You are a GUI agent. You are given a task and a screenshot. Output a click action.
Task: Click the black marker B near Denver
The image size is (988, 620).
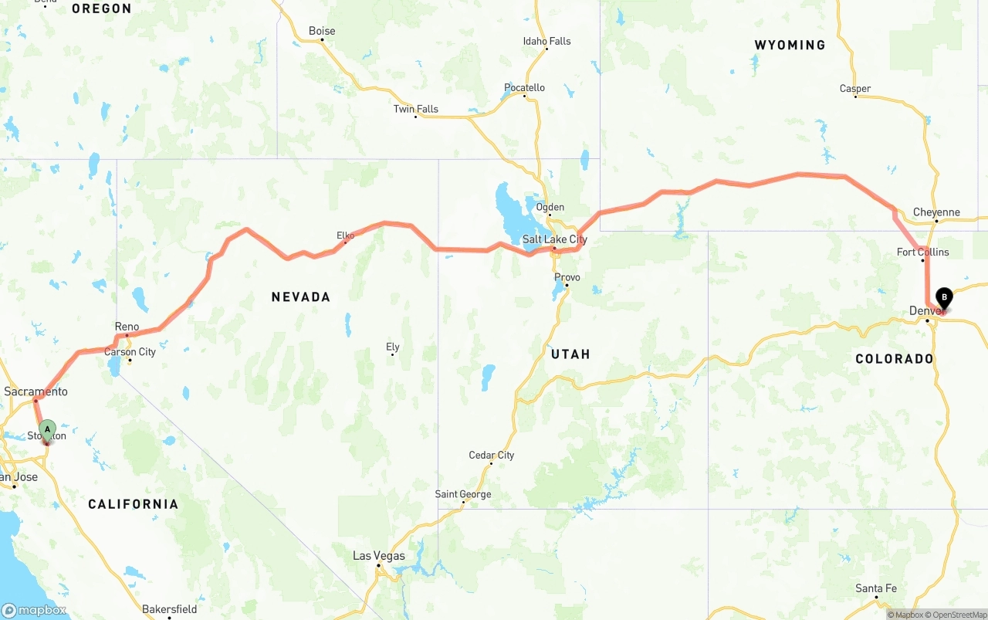coord(943,298)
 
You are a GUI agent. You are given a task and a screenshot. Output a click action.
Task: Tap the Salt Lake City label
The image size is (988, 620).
coord(554,239)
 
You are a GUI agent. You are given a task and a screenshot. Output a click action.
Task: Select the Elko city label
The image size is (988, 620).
coord(345,235)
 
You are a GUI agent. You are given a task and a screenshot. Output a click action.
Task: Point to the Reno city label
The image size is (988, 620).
coord(127,327)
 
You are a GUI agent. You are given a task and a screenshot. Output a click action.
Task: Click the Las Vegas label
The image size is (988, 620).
coord(378,556)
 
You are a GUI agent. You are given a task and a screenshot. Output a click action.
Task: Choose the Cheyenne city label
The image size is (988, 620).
coord(936,212)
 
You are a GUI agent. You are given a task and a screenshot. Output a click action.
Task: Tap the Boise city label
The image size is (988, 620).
coord(322,31)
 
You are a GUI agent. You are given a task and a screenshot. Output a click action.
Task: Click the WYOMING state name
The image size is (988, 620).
coord(790,45)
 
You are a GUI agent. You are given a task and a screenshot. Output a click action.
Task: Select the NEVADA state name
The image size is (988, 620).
coord(300,296)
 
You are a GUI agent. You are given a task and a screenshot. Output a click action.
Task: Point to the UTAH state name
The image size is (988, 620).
coord(570,354)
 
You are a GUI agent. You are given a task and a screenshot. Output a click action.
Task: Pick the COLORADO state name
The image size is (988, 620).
coord(895,358)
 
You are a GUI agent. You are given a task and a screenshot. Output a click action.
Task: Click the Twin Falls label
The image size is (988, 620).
coord(415,109)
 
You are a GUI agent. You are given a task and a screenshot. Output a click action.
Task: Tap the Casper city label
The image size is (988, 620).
coord(854,89)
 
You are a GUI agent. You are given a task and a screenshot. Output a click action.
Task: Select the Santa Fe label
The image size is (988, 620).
coord(876,588)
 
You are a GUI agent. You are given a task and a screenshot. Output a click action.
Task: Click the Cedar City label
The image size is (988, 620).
coord(491,455)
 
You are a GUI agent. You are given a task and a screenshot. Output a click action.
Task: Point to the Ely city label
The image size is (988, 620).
coord(393,347)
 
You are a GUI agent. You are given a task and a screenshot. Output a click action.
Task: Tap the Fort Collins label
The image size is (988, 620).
coord(922,252)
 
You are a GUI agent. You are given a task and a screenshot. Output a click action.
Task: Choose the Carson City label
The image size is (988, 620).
coord(130,352)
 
